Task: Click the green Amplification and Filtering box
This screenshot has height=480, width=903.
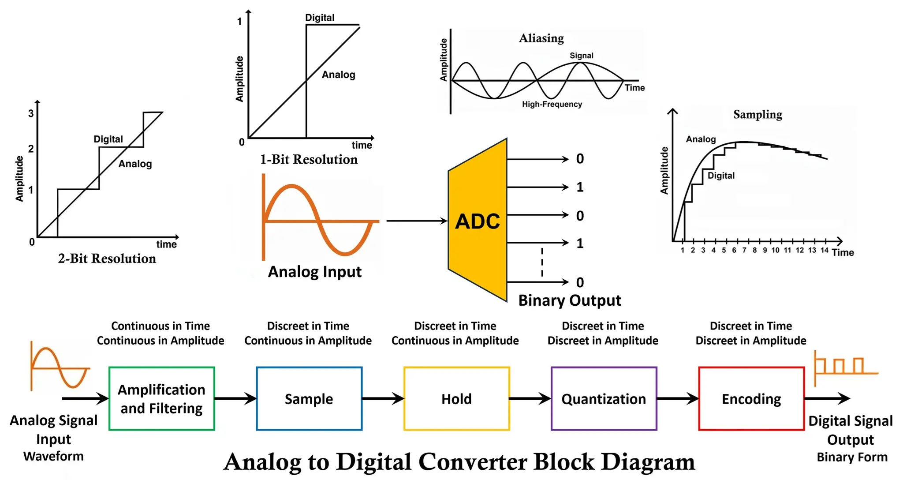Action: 161,398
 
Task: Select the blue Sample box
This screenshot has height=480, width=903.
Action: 309,398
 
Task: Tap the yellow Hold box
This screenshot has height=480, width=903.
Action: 456,398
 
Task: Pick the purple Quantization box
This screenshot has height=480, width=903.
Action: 604,398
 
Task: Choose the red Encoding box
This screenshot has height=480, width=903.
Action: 751,398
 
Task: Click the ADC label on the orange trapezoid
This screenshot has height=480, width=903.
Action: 478,221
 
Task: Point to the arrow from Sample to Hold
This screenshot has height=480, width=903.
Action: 383,398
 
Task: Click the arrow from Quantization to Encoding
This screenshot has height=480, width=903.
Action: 678,398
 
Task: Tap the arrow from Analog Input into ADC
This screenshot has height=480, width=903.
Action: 417,221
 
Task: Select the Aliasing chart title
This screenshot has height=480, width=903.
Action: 541,38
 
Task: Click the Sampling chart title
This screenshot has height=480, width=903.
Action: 757,115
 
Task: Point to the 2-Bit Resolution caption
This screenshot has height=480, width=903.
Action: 107,259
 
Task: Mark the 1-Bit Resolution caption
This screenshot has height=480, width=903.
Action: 309,159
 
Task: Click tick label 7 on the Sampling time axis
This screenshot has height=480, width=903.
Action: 744,250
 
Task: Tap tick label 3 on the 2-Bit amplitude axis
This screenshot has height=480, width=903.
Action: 31,113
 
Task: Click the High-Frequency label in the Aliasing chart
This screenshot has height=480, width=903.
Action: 552,104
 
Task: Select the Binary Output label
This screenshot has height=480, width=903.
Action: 570,300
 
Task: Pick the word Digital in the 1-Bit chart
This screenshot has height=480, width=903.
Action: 320,18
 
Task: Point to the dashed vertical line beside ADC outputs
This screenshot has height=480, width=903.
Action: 542,262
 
